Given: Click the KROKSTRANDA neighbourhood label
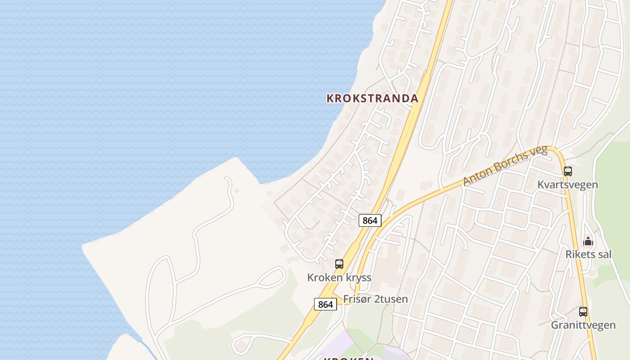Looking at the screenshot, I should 372,98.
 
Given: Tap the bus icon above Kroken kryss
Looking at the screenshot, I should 339,264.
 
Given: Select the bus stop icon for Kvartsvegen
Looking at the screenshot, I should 568,171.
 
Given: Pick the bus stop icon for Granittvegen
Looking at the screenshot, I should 583,311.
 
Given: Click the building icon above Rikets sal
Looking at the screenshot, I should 588,242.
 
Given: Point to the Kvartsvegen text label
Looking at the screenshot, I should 568,184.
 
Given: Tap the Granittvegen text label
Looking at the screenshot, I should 583,325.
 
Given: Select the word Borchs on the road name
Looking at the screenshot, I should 510,162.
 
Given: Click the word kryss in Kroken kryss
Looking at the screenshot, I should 358,277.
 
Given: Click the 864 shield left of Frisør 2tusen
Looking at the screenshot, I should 325,305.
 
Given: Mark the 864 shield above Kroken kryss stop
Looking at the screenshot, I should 370,220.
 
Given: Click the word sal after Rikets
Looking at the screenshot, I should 604,254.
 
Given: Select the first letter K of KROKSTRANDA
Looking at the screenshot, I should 330,98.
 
